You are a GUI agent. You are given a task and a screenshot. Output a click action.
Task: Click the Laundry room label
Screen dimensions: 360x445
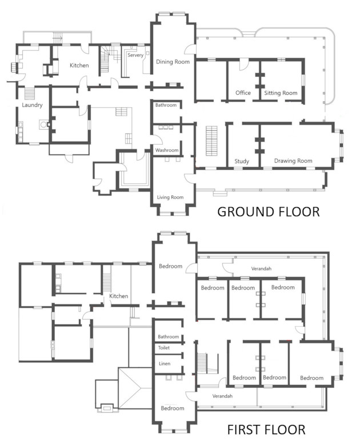point(32,105)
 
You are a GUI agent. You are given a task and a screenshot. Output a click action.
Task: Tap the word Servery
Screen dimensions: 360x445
point(135,55)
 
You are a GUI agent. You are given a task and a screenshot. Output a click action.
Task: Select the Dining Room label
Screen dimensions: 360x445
point(173,62)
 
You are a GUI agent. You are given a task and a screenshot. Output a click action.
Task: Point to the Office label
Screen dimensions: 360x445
point(243,93)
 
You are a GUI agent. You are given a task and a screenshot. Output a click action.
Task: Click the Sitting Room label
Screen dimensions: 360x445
point(281,93)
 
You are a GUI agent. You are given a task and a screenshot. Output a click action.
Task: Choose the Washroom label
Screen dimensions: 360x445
point(167,150)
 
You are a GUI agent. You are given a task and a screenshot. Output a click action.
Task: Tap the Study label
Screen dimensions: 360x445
point(242,161)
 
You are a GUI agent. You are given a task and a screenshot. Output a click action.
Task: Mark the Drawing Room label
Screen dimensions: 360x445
point(293,161)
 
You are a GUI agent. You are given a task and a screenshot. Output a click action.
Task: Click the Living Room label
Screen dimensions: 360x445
point(170,197)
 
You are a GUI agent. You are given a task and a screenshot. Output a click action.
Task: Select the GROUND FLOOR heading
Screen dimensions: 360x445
point(269,212)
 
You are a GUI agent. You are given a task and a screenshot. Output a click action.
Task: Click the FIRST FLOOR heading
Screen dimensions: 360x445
point(266,430)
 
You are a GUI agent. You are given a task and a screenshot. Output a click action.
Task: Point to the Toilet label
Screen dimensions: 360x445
point(164,348)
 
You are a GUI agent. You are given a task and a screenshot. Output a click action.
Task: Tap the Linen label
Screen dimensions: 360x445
point(165,363)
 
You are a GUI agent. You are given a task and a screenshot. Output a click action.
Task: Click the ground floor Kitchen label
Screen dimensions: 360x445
point(79,65)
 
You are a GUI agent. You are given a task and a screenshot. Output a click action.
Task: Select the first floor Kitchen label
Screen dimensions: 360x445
point(119,296)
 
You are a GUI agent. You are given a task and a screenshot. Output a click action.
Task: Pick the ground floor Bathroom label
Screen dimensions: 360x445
point(166,105)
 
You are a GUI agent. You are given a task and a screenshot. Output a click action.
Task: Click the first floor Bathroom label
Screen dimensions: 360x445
point(169,336)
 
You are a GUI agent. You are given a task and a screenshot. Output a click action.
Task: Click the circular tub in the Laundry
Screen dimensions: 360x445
point(43,125)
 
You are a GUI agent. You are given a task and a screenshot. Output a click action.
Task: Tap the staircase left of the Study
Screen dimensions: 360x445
point(211,141)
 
